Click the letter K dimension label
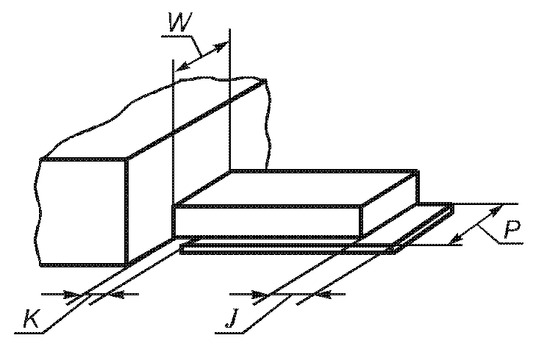coord(32,320)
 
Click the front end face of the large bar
coord(82,212)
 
